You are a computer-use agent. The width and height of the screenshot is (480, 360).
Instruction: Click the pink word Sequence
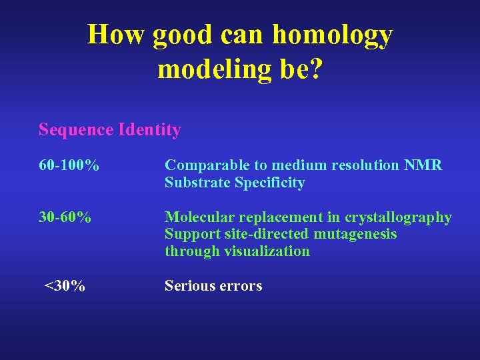[76, 129]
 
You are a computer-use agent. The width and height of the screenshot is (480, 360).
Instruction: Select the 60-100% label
[69, 165]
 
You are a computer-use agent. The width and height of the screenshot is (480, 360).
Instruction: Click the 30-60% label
[65, 217]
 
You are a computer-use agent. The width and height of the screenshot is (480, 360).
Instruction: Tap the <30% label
[65, 286]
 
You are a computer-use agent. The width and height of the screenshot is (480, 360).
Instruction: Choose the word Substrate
[197, 183]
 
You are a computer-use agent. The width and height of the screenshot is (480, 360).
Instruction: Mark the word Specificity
[270, 183]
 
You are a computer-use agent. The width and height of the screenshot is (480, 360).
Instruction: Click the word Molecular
[197, 217]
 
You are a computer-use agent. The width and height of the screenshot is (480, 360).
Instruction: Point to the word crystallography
[398, 218]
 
